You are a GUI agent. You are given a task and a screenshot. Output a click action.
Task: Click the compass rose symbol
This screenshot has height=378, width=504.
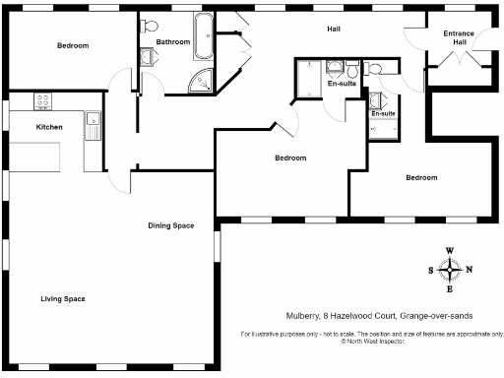(x=450, y=270)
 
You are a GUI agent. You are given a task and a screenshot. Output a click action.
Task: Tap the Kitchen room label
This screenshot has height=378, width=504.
(x=49, y=128)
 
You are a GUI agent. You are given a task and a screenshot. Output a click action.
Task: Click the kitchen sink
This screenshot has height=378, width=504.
(x=92, y=125)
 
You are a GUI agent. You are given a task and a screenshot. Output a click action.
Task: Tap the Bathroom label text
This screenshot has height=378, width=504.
(x=172, y=42)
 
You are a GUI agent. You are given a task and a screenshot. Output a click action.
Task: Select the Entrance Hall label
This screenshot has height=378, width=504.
(x=458, y=38)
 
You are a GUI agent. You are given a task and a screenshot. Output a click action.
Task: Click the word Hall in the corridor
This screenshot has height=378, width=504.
(x=335, y=29)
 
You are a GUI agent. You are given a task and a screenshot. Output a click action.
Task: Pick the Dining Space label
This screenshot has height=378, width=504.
(x=170, y=226)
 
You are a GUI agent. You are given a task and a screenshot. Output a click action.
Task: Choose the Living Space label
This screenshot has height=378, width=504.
(x=63, y=298)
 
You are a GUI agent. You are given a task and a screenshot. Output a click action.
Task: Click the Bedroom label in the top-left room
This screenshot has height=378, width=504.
(x=72, y=45)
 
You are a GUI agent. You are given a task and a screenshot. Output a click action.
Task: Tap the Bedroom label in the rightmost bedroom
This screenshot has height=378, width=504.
(x=420, y=177)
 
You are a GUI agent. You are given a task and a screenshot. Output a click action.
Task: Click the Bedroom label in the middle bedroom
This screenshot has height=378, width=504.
(x=290, y=157)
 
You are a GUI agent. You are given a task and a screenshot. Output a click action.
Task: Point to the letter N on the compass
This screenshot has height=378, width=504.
(x=469, y=270)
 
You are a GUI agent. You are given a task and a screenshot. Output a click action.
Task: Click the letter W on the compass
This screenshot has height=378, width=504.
(x=450, y=251)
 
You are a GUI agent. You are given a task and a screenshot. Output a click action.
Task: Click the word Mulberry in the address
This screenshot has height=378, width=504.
(x=290, y=315)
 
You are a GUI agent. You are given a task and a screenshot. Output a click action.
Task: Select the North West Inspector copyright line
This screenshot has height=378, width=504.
(x=373, y=342)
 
